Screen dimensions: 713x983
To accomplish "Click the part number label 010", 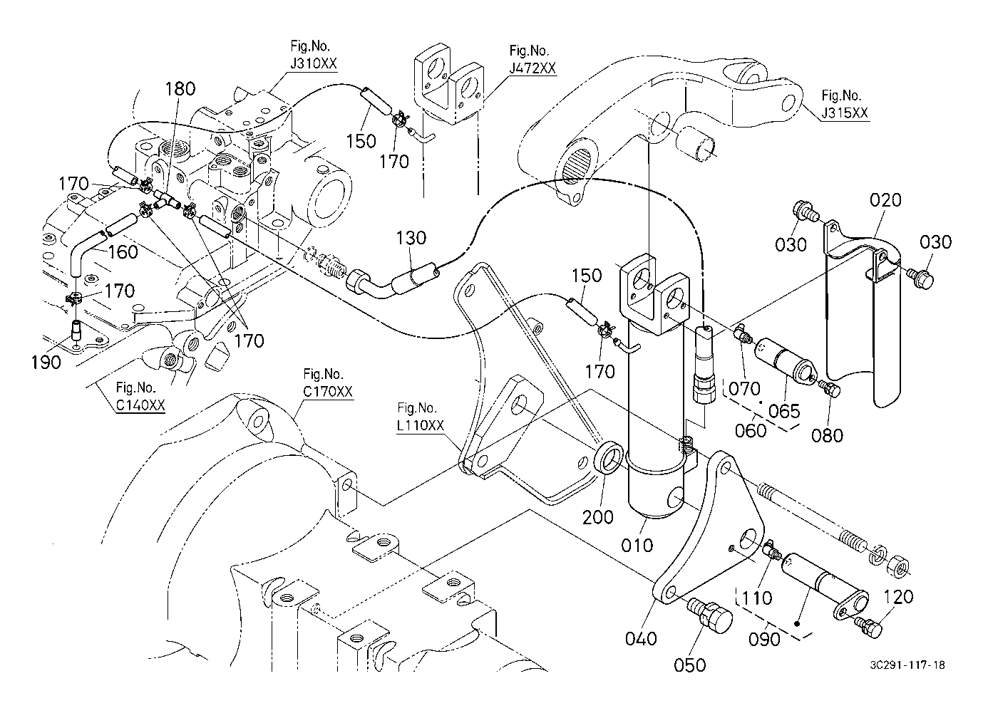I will click(x=637, y=545).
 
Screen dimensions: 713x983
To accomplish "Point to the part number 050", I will click(x=690, y=665).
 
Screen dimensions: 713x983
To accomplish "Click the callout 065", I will click(x=784, y=411).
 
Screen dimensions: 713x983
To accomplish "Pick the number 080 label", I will click(x=827, y=434).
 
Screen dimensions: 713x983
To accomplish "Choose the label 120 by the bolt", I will click(x=897, y=596).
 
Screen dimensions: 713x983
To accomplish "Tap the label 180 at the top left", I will click(x=180, y=89).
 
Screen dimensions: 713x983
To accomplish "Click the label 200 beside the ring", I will click(x=597, y=516).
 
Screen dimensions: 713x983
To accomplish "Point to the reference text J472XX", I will click(x=532, y=68).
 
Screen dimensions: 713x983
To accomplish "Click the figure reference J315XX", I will click(x=845, y=113).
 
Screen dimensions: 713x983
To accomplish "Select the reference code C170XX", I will click(x=327, y=391).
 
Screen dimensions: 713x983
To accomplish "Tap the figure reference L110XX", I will click(x=421, y=425).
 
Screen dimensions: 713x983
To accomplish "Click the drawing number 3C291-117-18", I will click(x=907, y=665).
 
